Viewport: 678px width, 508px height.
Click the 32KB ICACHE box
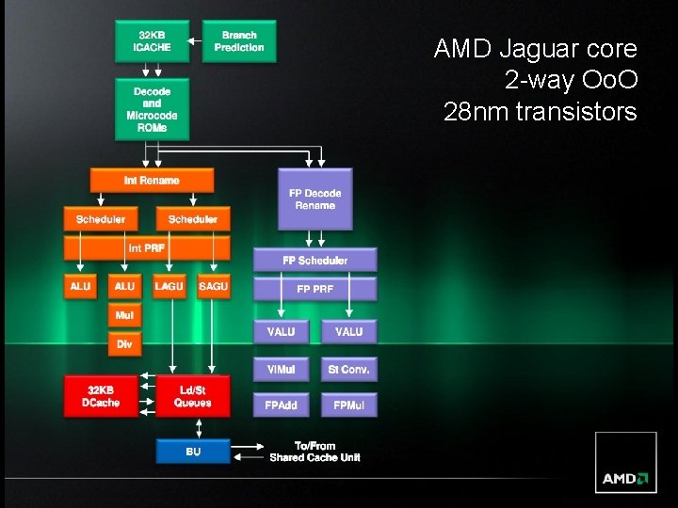[151, 40]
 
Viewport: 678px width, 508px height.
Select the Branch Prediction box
[239, 40]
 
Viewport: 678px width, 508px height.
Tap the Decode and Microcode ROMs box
[152, 109]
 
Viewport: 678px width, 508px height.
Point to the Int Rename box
[152, 180]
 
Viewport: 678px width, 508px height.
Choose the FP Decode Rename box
[315, 199]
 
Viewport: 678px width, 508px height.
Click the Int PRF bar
[147, 248]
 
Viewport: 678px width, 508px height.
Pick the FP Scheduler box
[315, 260]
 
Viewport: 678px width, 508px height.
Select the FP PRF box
[315, 288]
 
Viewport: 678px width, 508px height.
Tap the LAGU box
[169, 286]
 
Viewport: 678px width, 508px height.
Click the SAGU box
[213, 286]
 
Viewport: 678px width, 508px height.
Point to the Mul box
[124, 316]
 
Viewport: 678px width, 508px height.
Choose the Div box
[124, 344]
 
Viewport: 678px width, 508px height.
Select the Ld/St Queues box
[192, 396]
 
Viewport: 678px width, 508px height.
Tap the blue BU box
[192, 452]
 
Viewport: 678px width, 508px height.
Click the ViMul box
[281, 370]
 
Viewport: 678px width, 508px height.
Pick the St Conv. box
[348, 370]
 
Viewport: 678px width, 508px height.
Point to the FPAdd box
[281, 405]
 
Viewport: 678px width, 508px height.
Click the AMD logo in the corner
[625, 477]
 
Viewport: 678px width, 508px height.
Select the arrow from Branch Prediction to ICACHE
[195, 40]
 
